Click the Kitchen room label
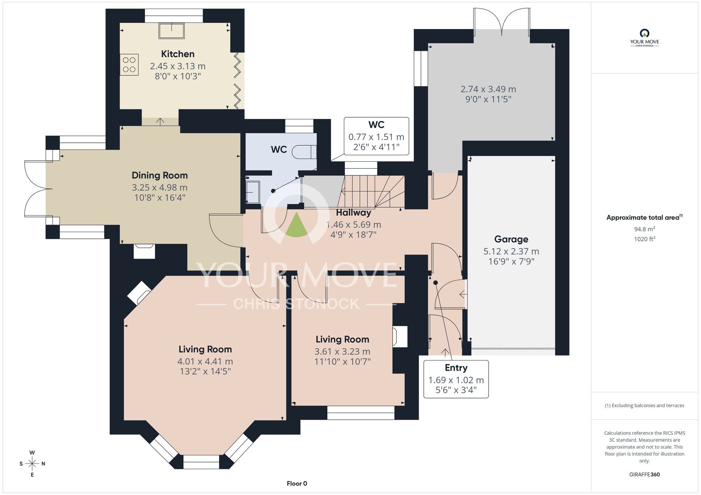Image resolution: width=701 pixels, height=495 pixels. point(178,54)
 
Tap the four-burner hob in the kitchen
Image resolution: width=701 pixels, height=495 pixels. point(129,65)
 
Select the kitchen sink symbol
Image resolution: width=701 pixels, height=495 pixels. point(171,30)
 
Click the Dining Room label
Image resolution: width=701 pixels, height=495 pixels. point(160,175)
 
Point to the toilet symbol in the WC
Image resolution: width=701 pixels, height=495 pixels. point(304,152)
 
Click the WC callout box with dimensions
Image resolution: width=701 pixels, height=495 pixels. point(376,136)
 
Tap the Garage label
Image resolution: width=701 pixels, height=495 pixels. point(511,239)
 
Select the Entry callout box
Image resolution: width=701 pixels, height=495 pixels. point(456,379)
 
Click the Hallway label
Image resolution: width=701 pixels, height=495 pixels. point(353,212)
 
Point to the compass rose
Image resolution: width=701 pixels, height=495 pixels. point(32,464)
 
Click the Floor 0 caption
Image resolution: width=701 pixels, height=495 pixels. point(297,483)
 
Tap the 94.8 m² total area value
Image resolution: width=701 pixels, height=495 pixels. point(645,229)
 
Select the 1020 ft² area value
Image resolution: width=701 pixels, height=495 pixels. point(645,239)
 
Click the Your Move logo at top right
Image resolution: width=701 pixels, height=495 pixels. point(645,38)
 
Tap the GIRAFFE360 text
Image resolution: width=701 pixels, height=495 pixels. point(645,475)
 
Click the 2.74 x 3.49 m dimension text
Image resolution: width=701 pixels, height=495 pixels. point(488,89)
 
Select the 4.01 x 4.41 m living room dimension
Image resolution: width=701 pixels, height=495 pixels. point(205,361)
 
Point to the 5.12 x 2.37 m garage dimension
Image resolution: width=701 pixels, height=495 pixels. point(511,251)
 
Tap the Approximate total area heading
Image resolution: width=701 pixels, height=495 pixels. point(645,217)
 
